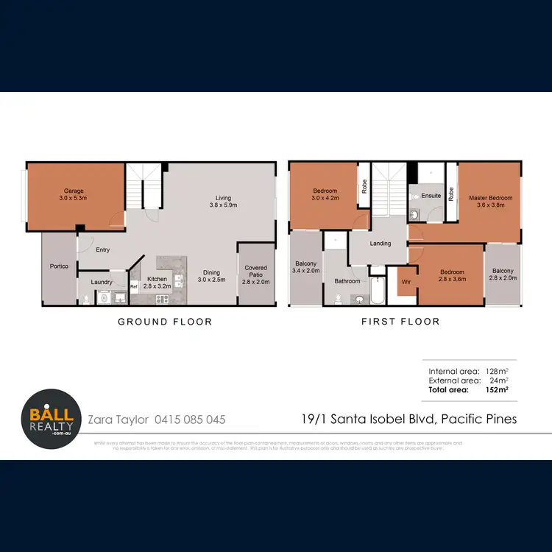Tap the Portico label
coord(59,266)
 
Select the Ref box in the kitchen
coord(134,287)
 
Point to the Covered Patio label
coord(255,275)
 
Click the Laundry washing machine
coord(102,299)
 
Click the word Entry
coord(102,250)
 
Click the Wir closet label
coord(406,281)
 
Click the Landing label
coord(381,244)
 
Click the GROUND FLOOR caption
coord(166,322)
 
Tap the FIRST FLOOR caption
coord(400,322)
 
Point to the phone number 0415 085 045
coord(190,420)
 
